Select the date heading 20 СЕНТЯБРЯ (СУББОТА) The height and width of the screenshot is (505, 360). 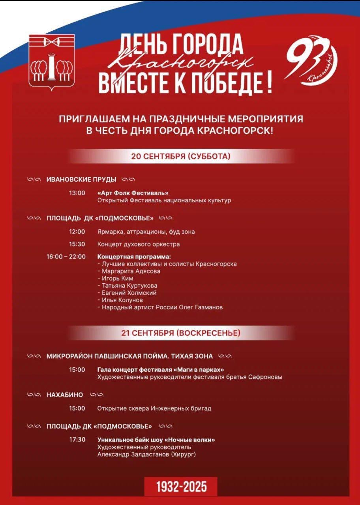coord(181,156)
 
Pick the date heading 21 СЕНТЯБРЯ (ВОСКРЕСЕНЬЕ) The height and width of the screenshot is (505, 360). coord(180,333)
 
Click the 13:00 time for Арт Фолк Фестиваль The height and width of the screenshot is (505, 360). coord(77,193)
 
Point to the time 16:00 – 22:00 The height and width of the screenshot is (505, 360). coord(66,256)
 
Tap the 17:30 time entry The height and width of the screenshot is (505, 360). coord(77,440)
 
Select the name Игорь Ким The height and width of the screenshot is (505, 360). coord(114,278)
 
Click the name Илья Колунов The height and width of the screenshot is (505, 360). coord(122,300)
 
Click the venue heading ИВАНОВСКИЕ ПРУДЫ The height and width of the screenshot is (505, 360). coord(81,180)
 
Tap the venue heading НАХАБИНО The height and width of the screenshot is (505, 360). coord(65,395)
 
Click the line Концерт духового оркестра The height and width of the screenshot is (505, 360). coord(139,244)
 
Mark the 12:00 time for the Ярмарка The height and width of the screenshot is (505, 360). coord(77,232)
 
